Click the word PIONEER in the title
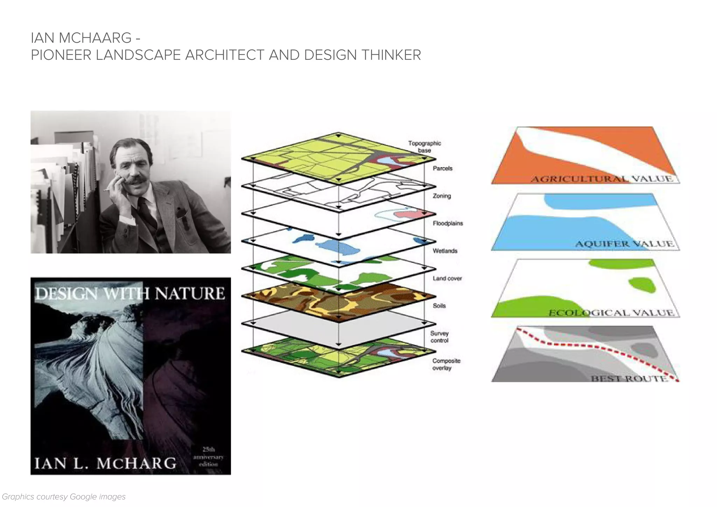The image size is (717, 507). coord(61,55)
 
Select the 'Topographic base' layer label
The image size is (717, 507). coord(424,147)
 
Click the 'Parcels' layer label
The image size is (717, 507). coord(443,168)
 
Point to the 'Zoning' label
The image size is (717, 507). coord(441,196)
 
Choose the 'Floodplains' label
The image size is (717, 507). coord(447,223)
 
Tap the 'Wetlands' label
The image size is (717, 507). coord(445,251)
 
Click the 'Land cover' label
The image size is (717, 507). coord(447,278)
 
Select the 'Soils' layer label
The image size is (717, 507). coord(439,306)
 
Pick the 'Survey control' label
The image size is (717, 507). coord(439,337)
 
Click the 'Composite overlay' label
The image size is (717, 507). coord(446,364)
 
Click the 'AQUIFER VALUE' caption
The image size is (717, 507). coord(624,244)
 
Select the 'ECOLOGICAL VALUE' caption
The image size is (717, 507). coord(611,312)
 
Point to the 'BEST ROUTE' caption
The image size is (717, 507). coord(629,378)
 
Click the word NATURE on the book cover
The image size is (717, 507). coord(190,293)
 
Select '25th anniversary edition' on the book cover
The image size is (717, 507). coord(208,457)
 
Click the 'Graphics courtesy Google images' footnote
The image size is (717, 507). coord(64,496)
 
